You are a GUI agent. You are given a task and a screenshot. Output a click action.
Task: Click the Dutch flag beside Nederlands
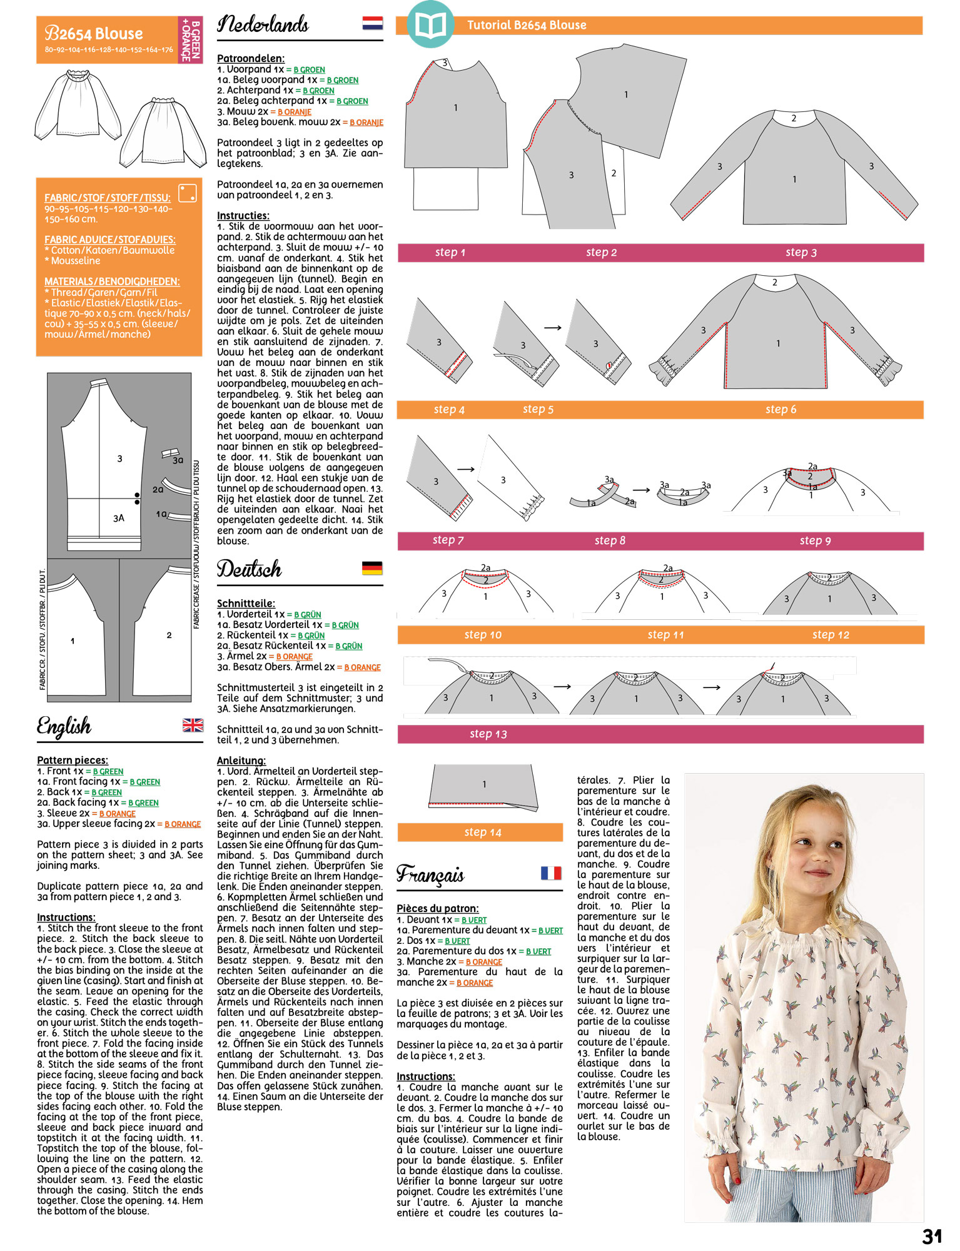click(373, 24)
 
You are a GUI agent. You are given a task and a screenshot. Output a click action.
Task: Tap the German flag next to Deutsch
click(372, 568)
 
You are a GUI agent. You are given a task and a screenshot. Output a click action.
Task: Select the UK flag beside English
click(193, 725)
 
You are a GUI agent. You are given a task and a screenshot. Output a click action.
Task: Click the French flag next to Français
click(551, 873)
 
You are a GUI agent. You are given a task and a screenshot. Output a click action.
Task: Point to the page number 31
click(932, 1236)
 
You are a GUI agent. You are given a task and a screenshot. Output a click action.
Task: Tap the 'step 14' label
click(483, 832)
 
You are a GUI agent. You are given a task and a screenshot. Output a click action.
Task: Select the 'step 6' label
click(781, 410)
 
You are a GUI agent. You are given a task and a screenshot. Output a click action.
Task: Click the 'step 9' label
click(815, 540)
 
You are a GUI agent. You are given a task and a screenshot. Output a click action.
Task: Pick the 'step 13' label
click(488, 734)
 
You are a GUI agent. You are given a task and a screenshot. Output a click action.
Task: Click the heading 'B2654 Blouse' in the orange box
click(94, 34)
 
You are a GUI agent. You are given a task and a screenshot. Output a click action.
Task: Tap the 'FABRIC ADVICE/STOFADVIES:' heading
click(110, 240)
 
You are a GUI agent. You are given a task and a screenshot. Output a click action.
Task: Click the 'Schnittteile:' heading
click(246, 603)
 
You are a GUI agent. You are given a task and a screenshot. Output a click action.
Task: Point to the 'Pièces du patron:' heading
click(438, 908)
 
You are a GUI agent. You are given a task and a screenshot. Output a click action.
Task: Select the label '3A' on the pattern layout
click(119, 518)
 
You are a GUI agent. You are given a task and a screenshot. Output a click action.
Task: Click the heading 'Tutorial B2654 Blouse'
click(527, 25)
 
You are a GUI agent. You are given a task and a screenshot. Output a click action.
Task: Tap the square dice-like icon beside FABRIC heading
click(188, 193)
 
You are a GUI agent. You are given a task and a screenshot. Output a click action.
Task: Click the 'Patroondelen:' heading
click(251, 58)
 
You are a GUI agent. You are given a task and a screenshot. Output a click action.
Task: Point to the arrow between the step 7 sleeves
click(466, 469)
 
